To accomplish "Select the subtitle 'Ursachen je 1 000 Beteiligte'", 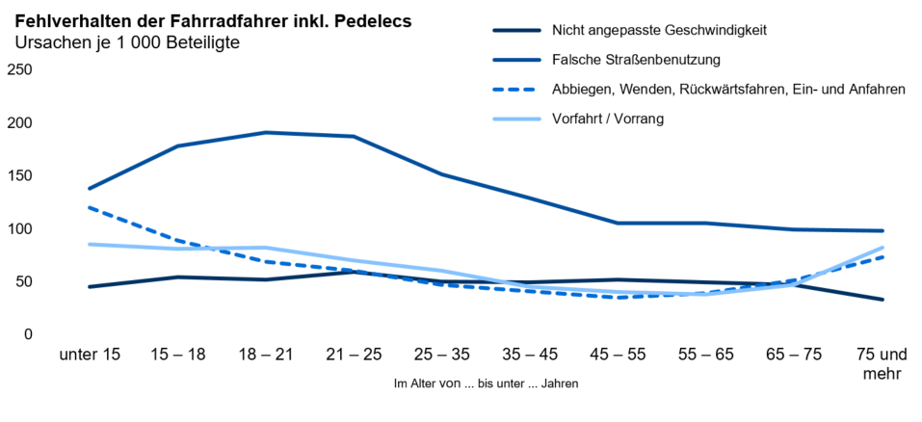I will (x=126, y=42).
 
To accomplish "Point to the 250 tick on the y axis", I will (x=20, y=69).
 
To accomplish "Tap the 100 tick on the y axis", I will (x=20, y=229).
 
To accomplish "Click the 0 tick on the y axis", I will (x=28, y=334).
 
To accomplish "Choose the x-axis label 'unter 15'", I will (x=90, y=355).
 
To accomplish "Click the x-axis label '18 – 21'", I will (x=266, y=355).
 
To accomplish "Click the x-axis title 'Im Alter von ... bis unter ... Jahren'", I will (x=486, y=383).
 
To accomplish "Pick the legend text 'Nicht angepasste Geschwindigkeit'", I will (x=659, y=30).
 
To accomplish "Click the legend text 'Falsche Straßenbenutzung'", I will (x=636, y=60).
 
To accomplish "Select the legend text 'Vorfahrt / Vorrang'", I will (x=608, y=119).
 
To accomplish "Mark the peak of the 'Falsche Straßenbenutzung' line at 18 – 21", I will (x=266, y=132).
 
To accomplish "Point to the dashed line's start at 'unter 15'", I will (x=90, y=207).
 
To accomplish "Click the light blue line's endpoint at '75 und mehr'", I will (x=882, y=248).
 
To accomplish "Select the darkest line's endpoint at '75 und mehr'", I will (x=882, y=300).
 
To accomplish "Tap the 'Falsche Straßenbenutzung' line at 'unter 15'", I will (x=90, y=189).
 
